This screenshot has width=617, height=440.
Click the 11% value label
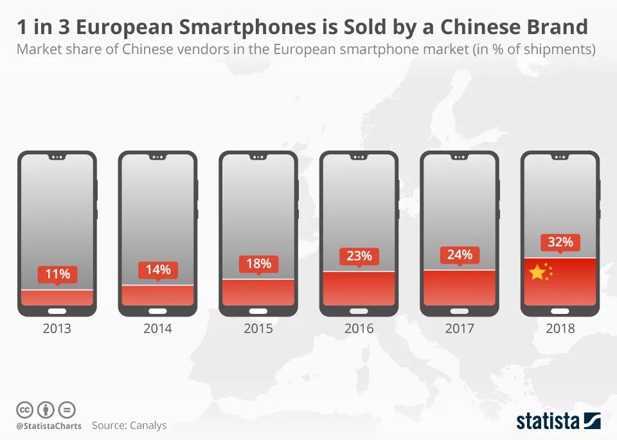(x=57, y=275)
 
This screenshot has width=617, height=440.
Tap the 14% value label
(x=157, y=270)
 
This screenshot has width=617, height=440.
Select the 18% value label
(x=258, y=263)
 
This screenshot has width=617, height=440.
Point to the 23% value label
(x=359, y=255)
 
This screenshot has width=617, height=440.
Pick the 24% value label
(x=460, y=254)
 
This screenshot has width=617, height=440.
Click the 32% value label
(x=560, y=243)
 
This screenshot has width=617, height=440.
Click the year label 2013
(x=57, y=328)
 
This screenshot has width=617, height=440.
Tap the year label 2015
(x=258, y=328)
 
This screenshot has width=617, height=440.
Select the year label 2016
(x=359, y=328)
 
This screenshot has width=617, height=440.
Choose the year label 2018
(x=560, y=328)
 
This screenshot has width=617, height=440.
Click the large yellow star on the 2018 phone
(x=537, y=273)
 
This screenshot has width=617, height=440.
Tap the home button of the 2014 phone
(x=157, y=311)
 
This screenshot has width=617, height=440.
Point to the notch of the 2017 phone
(x=460, y=156)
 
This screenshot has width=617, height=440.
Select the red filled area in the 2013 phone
(x=57, y=297)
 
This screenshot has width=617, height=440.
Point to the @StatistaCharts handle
(x=49, y=426)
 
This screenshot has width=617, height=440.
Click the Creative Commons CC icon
(x=24, y=409)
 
